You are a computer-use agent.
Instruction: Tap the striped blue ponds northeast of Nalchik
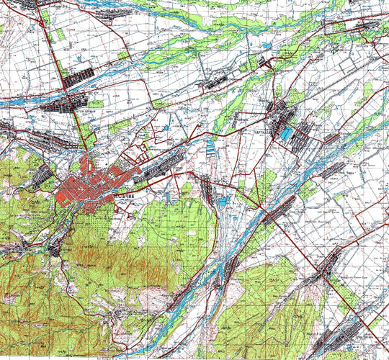tap(210, 148)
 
